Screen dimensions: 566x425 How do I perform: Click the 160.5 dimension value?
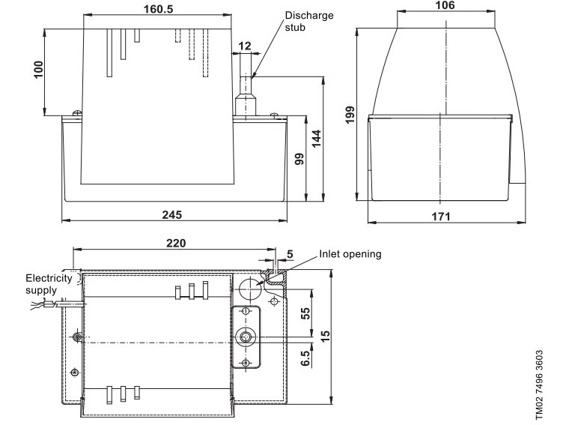click(159, 9)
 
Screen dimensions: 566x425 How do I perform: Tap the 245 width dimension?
click(172, 214)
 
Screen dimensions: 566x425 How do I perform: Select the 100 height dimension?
click(38, 70)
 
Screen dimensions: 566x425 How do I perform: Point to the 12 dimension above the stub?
click(244, 46)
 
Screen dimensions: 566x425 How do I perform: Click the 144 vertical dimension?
click(316, 139)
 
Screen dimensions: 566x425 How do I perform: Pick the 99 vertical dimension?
click(299, 159)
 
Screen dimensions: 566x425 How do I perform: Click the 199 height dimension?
click(350, 115)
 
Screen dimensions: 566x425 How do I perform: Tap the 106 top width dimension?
click(445, 5)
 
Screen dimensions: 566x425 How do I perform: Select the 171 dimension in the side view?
click(441, 217)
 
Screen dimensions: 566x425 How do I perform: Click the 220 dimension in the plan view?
click(176, 243)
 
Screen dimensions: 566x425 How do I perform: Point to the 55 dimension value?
click(305, 313)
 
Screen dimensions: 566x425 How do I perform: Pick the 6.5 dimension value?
click(305, 358)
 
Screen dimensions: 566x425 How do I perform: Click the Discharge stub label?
click(309, 21)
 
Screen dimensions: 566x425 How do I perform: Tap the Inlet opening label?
click(350, 254)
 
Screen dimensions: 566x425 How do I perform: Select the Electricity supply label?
click(49, 284)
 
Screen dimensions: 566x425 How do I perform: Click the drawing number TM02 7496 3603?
click(539, 385)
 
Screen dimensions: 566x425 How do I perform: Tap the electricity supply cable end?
click(33, 307)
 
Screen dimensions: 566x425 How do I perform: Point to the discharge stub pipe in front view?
click(246, 85)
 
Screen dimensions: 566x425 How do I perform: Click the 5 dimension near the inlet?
click(290, 254)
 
